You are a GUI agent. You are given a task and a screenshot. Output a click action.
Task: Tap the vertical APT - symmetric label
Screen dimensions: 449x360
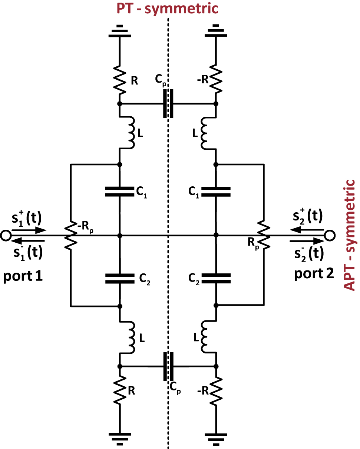point(350,235)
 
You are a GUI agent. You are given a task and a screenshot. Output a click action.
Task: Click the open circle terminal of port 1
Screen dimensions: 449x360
point(5,235)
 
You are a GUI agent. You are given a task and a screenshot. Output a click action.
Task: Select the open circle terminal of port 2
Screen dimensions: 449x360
point(330,235)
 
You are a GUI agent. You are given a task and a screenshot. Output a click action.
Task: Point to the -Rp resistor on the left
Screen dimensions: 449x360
point(70,235)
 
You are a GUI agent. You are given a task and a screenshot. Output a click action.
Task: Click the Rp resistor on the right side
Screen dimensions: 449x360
point(263,235)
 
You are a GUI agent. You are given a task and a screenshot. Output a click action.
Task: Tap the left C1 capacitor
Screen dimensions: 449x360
point(119,191)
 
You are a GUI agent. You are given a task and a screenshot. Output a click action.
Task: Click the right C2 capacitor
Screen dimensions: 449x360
point(216,278)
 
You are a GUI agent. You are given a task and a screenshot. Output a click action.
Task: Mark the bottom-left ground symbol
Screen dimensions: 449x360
point(119,437)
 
